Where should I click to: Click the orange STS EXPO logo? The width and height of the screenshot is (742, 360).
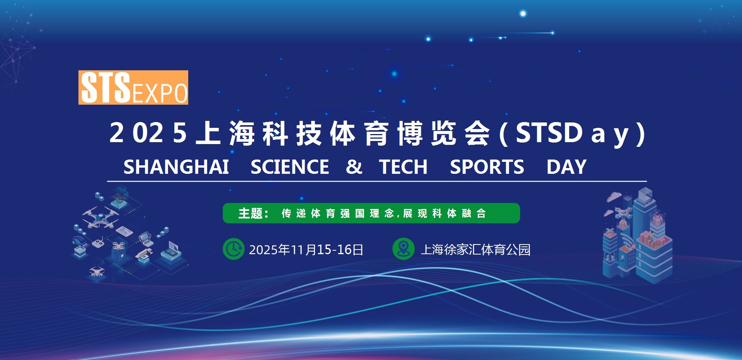133,87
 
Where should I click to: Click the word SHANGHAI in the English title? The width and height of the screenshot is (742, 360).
176,167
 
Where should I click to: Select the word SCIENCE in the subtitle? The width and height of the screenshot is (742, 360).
290,167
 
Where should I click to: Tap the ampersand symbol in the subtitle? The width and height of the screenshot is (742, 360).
354,167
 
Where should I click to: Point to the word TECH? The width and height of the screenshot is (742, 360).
403,167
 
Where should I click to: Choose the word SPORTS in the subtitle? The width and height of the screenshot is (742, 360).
487,167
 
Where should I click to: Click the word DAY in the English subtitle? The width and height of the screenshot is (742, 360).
567,167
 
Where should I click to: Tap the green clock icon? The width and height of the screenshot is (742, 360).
233,249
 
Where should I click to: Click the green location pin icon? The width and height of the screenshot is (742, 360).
403,249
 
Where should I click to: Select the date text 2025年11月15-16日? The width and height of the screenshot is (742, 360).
306,250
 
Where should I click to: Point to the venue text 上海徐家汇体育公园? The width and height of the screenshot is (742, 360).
476,250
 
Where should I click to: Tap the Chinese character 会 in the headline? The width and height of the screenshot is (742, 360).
477,133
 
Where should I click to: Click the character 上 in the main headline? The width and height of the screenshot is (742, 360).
208,133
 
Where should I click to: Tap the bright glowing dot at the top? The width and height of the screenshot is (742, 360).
523,14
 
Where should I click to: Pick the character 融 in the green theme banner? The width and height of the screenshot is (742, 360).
466,213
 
